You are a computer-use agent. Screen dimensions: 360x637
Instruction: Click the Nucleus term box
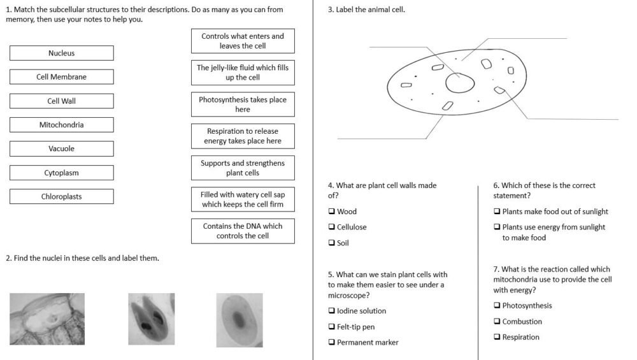point(61,53)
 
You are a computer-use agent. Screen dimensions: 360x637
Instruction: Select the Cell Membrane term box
point(61,77)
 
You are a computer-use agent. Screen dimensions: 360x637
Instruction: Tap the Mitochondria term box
point(61,125)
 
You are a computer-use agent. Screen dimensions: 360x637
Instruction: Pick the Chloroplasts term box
point(61,197)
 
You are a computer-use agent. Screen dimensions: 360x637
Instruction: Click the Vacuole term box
point(61,149)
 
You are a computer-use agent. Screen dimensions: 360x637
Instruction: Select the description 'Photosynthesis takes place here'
point(243,104)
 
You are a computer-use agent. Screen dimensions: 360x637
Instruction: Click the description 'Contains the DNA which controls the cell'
point(243,231)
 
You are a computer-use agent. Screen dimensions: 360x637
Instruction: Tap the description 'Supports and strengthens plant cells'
point(243,168)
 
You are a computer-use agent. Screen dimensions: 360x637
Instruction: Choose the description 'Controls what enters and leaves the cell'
point(243,41)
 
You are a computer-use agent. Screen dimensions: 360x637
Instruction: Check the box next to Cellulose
point(331,227)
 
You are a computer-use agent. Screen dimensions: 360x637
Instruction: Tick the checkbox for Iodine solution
point(331,311)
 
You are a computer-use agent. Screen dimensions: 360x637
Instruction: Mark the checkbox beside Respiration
point(497,337)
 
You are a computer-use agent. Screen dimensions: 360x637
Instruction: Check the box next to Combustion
point(497,322)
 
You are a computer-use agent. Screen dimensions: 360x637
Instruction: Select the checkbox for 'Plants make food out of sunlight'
point(497,212)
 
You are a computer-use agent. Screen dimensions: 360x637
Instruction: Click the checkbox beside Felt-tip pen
point(331,327)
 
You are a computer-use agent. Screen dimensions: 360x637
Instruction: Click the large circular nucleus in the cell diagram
point(460,83)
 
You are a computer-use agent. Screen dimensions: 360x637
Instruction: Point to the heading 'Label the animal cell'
point(366,10)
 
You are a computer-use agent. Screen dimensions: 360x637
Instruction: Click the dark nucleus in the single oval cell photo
point(238,318)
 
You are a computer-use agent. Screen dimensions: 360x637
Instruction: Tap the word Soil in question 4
point(343,243)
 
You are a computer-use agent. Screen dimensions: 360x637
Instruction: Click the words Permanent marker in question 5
point(368,343)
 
